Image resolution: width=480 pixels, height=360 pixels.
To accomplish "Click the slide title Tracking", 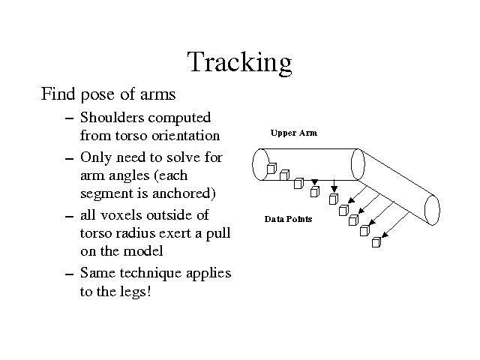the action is click(x=240, y=62).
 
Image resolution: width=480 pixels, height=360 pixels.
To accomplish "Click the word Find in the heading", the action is click(x=58, y=93).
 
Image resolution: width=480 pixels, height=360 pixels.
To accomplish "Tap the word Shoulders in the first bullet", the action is click(x=112, y=118).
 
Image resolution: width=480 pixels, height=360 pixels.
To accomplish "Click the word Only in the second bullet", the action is click(x=96, y=158).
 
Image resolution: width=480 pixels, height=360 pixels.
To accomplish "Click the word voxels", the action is click(x=122, y=215).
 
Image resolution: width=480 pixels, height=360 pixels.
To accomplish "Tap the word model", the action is click(x=143, y=251).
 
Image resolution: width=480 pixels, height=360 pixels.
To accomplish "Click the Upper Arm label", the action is click(x=294, y=133).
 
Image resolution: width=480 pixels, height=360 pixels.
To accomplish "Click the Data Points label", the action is click(x=288, y=219).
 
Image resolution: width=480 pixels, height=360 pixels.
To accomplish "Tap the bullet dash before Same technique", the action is click(x=70, y=274).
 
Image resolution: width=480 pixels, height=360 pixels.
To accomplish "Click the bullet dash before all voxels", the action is click(x=70, y=216).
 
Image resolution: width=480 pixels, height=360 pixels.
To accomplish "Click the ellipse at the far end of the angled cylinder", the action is click(x=432, y=210).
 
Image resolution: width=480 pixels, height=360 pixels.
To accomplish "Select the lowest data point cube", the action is click(x=376, y=242).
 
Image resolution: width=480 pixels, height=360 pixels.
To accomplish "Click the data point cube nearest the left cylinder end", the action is click(x=271, y=168).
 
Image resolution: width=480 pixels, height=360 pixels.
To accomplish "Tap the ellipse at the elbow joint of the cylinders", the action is click(x=358, y=164).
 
